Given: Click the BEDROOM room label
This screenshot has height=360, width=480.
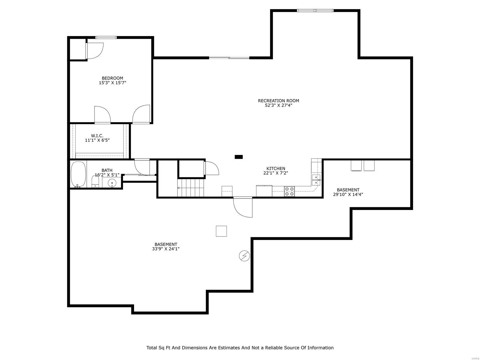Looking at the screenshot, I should click(x=112, y=78).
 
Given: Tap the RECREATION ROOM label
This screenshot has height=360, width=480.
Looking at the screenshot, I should click(x=278, y=101).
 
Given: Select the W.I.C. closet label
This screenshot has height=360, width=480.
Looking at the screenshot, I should click(x=97, y=136).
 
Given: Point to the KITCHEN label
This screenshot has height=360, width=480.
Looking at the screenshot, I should click(x=276, y=169).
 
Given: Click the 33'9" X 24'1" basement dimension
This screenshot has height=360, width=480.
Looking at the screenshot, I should click(x=166, y=249).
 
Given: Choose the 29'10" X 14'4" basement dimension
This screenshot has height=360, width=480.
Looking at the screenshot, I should click(x=348, y=194).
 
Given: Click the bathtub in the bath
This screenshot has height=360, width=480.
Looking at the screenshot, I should click(x=78, y=174).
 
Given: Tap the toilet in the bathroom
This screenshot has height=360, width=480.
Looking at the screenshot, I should click(x=95, y=181).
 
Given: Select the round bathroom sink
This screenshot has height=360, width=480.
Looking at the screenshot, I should click(x=112, y=182).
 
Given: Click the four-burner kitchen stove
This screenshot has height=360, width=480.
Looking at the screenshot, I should click(x=289, y=191).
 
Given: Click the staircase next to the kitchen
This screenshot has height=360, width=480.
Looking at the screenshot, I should click(x=191, y=188).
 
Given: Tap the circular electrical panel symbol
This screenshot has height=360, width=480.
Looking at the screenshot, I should click(x=244, y=256).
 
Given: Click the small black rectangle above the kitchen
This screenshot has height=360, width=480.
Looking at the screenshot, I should click(x=239, y=157).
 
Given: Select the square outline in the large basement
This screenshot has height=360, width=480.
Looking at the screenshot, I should click(x=221, y=231).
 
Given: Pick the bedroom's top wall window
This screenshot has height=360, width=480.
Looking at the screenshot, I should click(x=106, y=37).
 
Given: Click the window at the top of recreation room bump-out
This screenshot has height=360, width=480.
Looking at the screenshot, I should click(x=315, y=10).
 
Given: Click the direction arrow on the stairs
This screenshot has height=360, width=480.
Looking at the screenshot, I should click(x=179, y=188).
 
